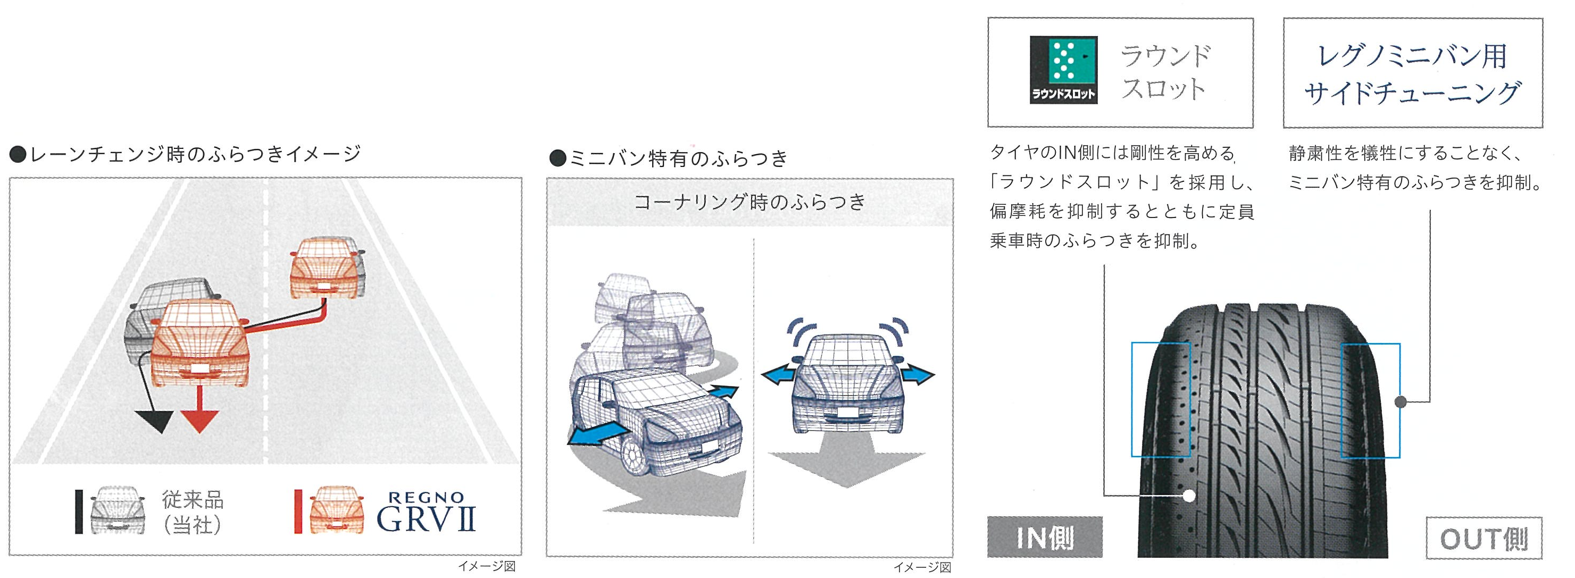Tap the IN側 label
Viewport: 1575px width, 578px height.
click(1044, 537)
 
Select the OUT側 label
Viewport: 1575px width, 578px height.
click(1484, 538)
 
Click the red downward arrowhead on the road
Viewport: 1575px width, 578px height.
click(200, 421)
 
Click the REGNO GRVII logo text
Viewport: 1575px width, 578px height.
click(426, 514)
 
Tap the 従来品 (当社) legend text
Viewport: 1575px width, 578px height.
click(192, 513)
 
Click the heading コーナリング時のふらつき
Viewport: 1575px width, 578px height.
click(749, 202)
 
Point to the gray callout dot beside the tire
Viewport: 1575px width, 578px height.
click(1401, 401)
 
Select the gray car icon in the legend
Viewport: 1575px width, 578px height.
click(118, 511)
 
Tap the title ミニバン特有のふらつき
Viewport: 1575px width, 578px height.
click(669, 160)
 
